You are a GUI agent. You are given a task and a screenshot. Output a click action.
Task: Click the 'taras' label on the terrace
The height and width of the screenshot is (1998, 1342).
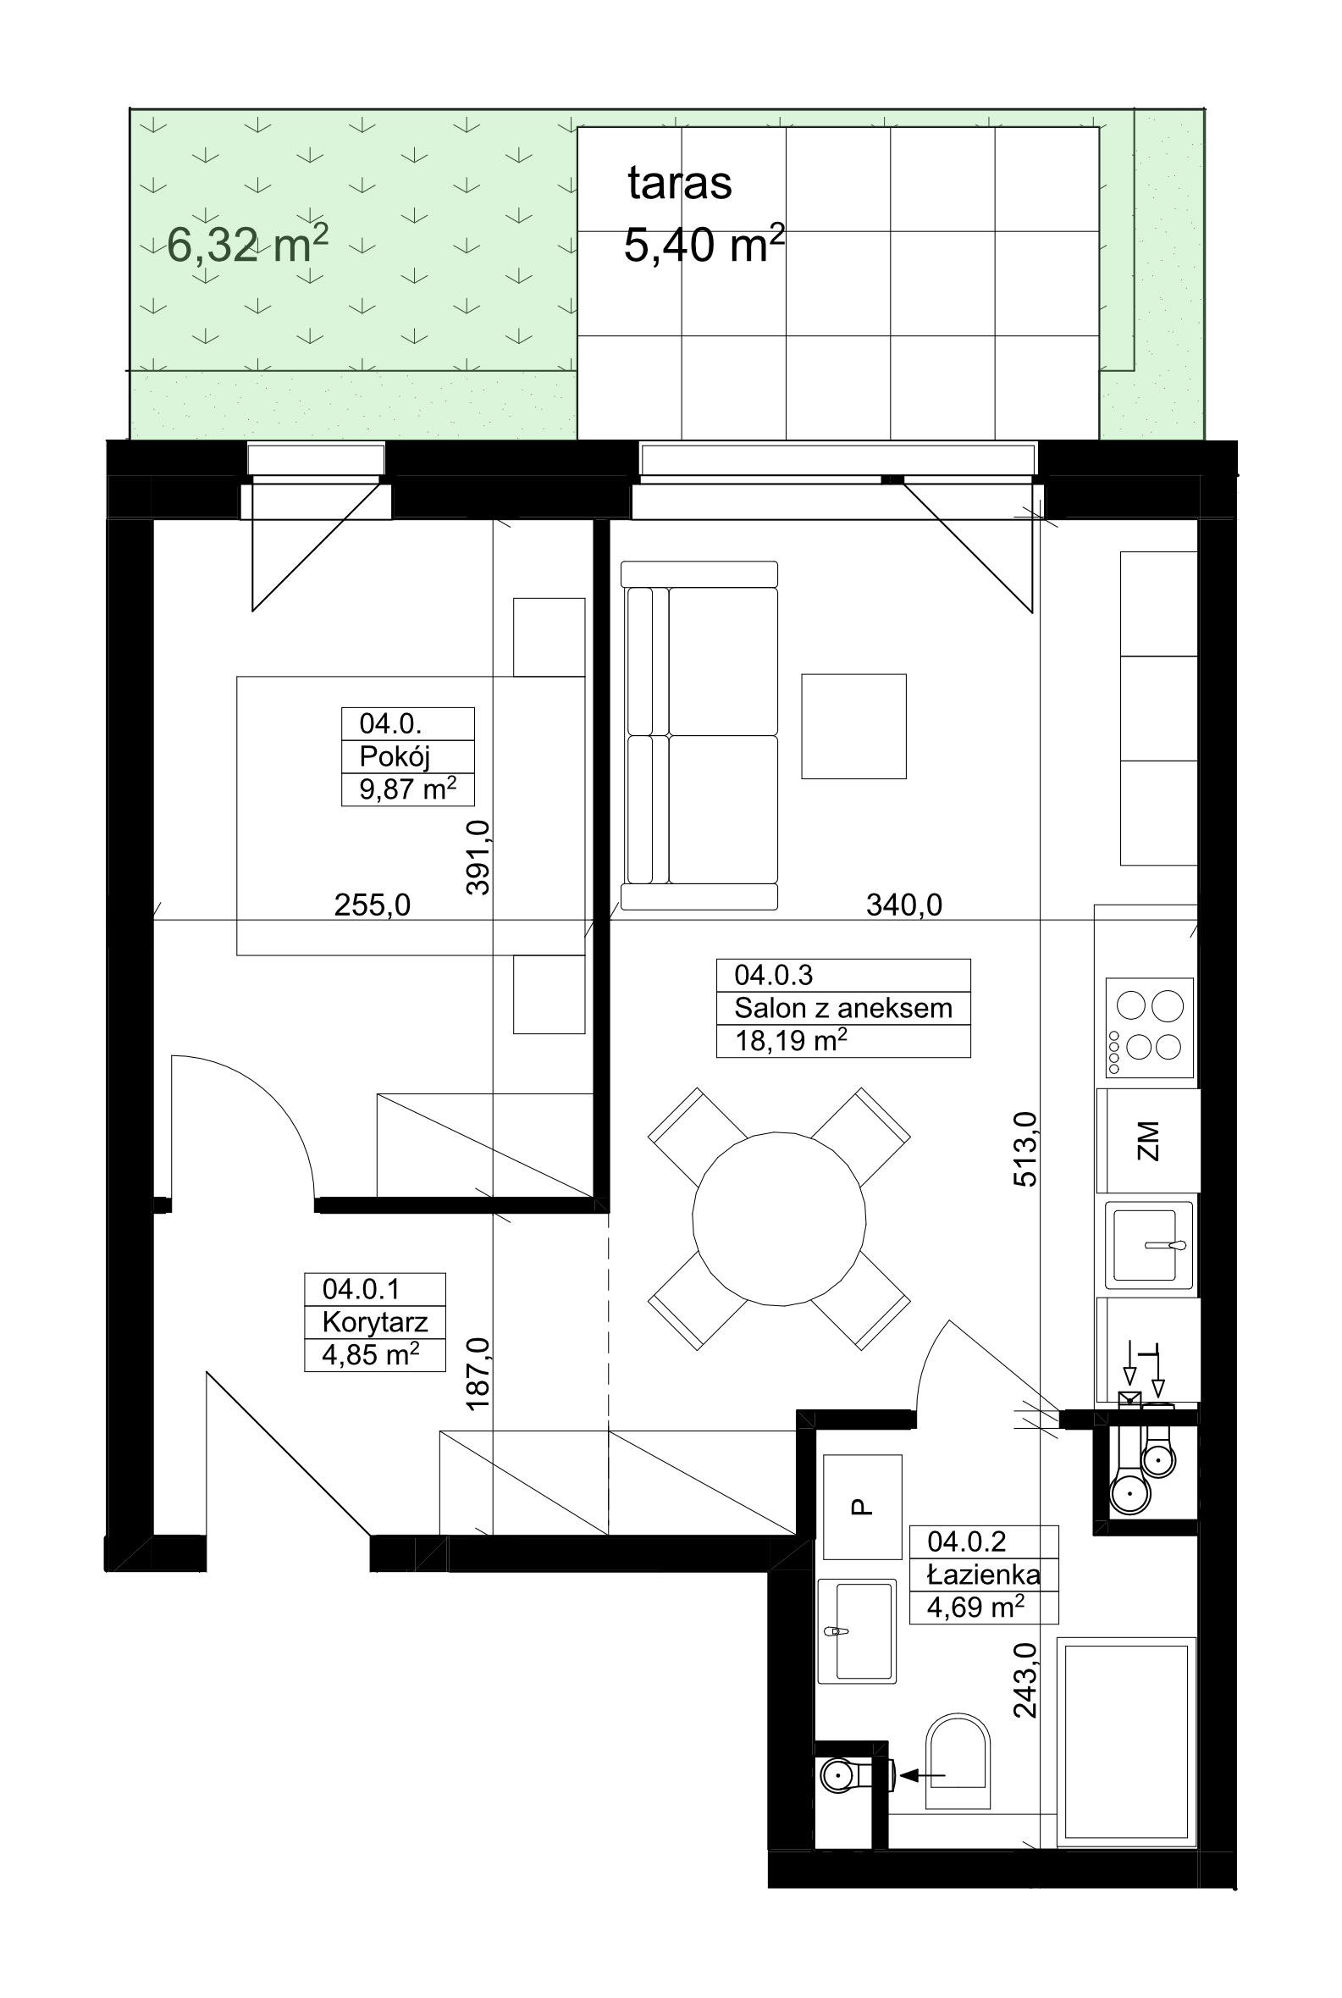coord(680,182)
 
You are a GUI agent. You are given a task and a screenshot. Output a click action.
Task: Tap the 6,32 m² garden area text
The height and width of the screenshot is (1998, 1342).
coord(247,245)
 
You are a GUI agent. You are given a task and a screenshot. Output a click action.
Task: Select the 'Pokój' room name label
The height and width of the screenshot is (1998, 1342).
coord(395,755)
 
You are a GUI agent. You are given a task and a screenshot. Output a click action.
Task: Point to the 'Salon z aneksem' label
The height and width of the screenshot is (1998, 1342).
coord(843,1008)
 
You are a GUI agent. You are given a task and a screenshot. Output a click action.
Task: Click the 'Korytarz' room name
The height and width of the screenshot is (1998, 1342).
coord(375,1322)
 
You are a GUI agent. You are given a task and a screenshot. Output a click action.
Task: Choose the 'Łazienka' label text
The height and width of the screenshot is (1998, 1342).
coord(984,1575)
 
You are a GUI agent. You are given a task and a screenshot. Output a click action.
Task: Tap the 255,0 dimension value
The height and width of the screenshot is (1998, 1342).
coord(373,905)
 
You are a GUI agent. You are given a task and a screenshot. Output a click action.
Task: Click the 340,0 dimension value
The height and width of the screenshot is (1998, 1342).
coord(903,905)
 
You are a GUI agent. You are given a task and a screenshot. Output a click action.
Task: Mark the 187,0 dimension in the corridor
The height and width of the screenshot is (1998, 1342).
coord(478,1374)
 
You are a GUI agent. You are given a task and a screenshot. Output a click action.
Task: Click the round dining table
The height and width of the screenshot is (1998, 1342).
coord(779,1219)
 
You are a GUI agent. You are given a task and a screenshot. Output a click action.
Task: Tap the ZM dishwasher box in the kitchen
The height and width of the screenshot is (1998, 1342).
coord(1149,1141)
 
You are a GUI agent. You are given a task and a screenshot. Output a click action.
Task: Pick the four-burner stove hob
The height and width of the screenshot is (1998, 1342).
coord(1150,1028)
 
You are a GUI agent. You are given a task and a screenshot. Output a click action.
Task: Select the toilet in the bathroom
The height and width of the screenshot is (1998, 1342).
coord(958,1761)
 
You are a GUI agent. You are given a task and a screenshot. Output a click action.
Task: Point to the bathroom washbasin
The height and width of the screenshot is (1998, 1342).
coord(858,1631)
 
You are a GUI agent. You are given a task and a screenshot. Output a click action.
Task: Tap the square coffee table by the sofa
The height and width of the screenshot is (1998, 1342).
coord(853,726)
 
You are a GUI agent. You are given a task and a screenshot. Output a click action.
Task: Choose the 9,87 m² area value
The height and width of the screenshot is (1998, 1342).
coord(407,789)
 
